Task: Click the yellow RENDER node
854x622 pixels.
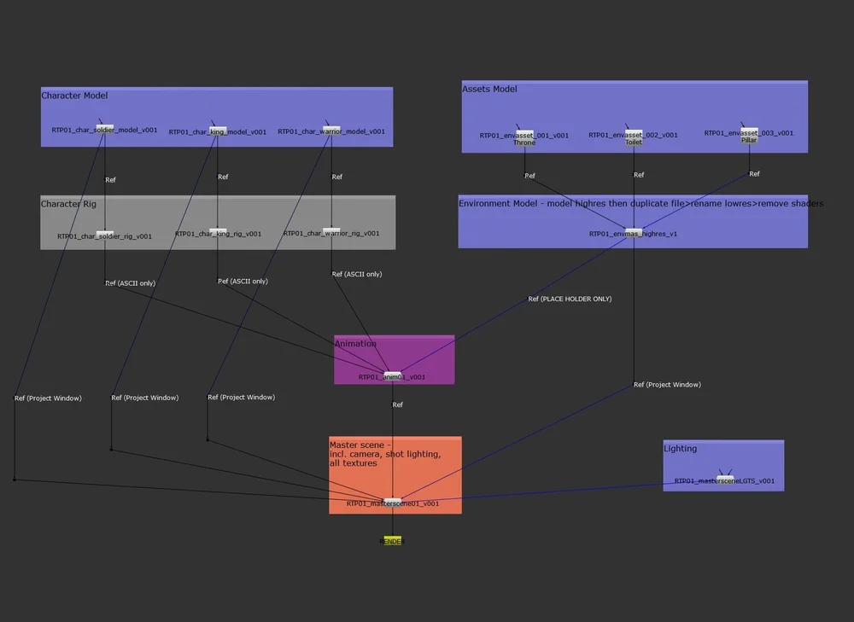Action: pos(392,541)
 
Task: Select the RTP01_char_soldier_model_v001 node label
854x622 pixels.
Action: pos(104,131)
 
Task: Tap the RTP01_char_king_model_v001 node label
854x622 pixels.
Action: pos(217,132)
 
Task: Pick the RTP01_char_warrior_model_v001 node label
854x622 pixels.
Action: pos(331,131)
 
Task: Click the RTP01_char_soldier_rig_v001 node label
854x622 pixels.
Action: pos(104,236)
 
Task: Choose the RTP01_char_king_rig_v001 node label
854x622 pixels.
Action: pos(218,234)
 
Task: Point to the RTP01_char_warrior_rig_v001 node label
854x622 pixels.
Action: pos(331,233)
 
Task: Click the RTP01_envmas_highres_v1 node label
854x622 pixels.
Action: pos(633,233)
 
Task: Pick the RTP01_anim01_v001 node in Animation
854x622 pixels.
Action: pos(392,376)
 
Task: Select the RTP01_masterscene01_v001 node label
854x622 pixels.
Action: pos(393,503)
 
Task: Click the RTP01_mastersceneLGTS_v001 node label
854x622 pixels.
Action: pos(724,481)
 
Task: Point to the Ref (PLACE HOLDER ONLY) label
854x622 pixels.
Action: pos(570,299)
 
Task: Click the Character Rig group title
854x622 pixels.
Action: pos(68,204)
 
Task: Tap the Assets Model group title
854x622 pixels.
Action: pos(489,89)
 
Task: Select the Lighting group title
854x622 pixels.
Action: pos(680,448)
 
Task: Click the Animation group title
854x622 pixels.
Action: pos(355,343)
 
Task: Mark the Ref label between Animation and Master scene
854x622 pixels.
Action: pos(397,404)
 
